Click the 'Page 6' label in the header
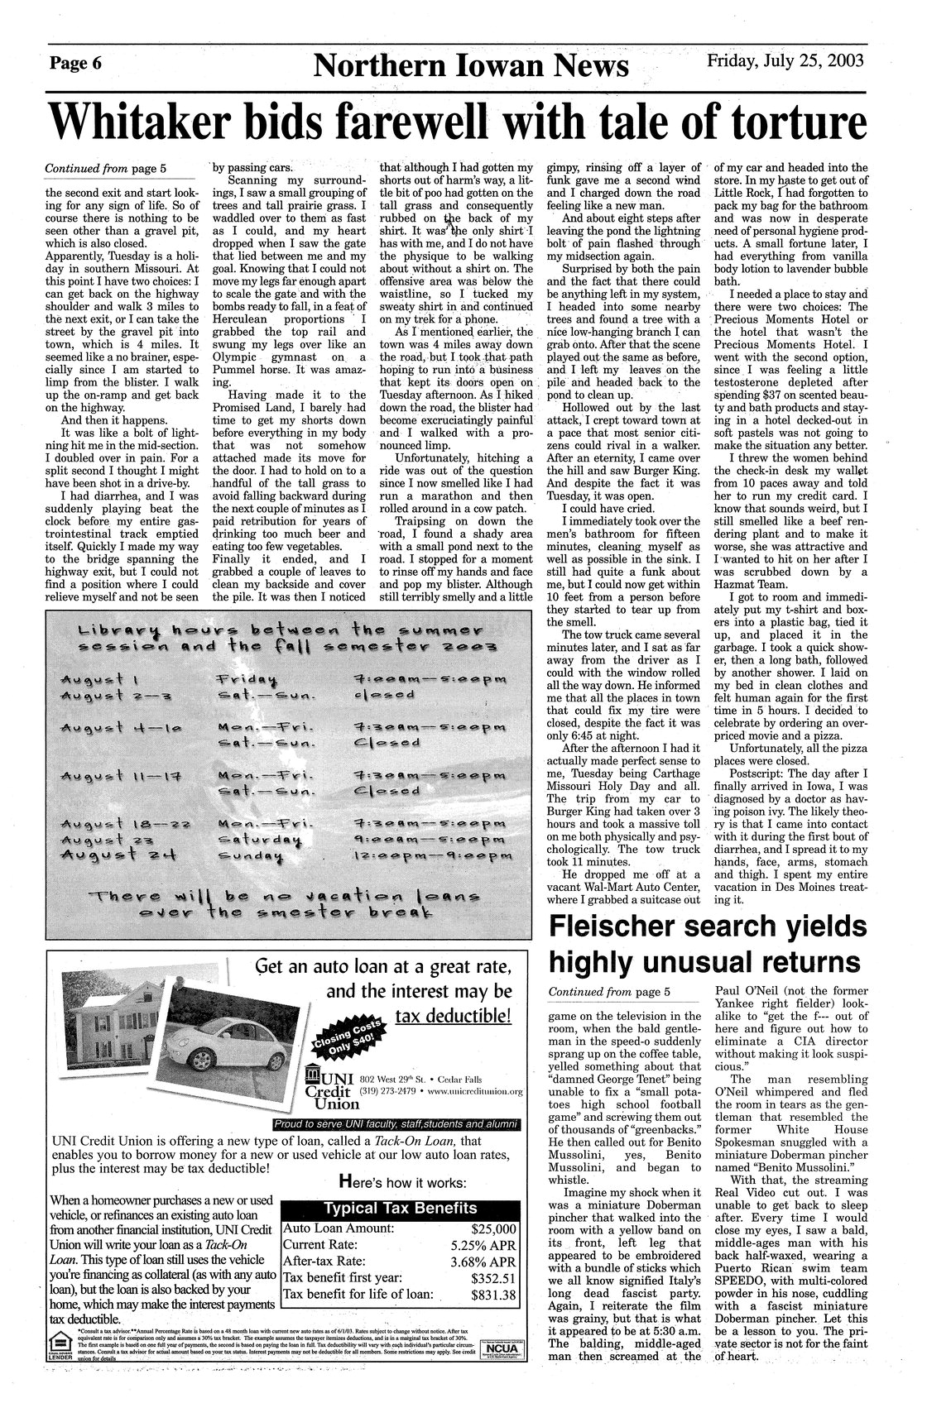(75, 64)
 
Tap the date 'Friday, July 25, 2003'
(785, 60)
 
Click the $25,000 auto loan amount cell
(493, 1230)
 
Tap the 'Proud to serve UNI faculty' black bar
(397, 1124)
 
